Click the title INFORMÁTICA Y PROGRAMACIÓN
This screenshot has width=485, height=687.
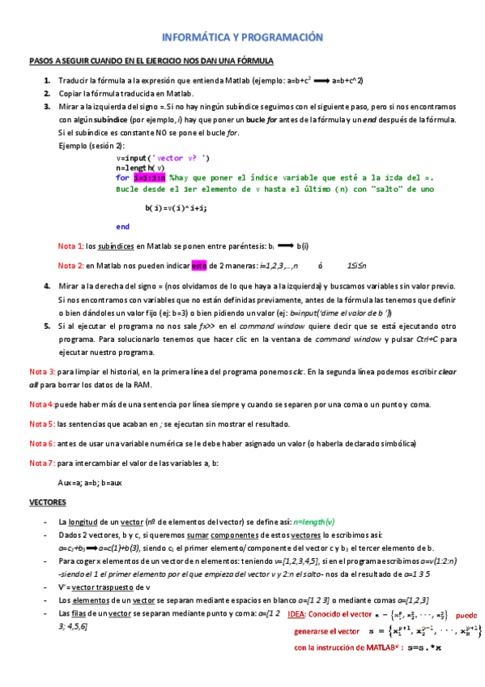(x=243, y=38)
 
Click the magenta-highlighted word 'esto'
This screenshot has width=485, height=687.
(x=199, y=265)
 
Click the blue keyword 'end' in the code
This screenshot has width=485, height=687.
(x=123, y=226)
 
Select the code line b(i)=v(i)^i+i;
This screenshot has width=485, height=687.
(x=176, y=207)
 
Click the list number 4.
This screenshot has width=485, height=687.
(x=48, y=286)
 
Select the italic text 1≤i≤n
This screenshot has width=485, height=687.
(x=357, y=265)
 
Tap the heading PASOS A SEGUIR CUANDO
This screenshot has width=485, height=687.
(x=151, y=61)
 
